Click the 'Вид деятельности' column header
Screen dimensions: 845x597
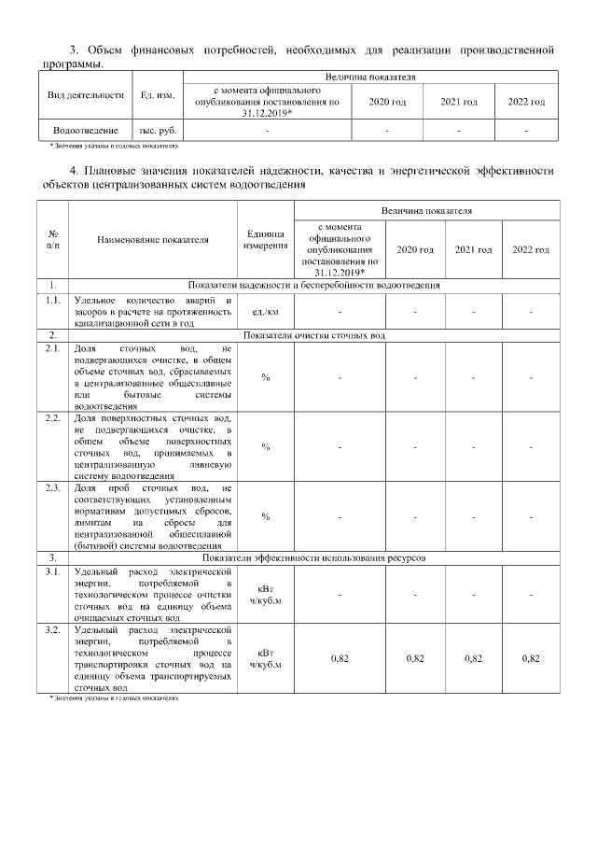86,94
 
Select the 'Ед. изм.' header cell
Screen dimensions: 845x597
158,94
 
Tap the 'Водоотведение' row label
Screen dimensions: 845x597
86,131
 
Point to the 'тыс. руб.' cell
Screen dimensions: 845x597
158,131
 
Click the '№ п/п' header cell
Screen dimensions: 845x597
52,239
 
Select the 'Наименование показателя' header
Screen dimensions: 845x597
153,239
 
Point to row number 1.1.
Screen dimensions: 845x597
52,300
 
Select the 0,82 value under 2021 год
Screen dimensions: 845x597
473,658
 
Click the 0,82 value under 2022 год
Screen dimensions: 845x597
531,658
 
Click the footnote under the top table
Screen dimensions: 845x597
114,147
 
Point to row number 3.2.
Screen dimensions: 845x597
52,630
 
